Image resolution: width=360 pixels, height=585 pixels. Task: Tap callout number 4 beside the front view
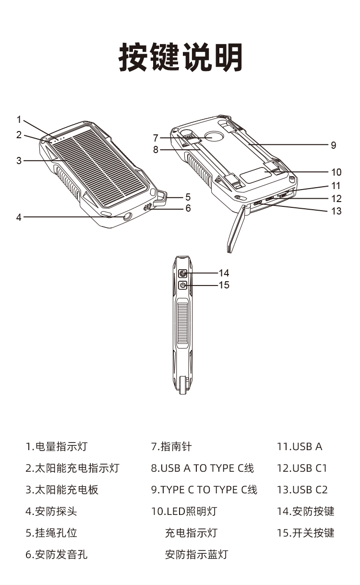pyautogui.click(x=19, y=217)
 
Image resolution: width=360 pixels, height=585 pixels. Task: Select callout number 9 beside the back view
pyautogui.click(x=334, y=145)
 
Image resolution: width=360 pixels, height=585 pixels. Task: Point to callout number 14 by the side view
pyautogui.click(x=224, y=273)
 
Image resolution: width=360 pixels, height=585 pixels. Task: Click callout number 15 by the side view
pyautogui.click(x=224, y=286)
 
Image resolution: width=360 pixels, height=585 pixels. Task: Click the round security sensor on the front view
pyautogui.click(x=127, y=217)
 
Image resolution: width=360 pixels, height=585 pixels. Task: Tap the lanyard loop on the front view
pyautogui.click(x=162, y=197)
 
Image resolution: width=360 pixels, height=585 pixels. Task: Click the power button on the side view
pyautogui.click(x=183, y=286)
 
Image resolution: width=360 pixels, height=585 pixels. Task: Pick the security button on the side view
pyautogui.click(x=183, y=274)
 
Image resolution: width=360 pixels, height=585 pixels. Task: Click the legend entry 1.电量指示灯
pyautogui.click(x=57, y=446)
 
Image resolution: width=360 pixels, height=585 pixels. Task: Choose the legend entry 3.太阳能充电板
pyautogui.click(x=62, y=489)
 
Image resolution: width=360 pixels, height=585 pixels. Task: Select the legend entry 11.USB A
pyautogui.click(x=300, y=446)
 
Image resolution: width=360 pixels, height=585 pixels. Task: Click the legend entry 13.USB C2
pyautogui.click(x=302, y=489)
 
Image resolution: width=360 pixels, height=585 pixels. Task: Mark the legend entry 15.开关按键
pyautogui.click(x=305, y=533)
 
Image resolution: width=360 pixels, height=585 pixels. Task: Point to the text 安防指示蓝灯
pyautogui.click(x=196, y=555)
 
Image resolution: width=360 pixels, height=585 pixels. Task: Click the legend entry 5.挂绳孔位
pyautogui.click(x=51, y=533)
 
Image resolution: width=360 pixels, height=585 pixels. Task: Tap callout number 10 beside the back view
pyautogui.click(x=336, y=172)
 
